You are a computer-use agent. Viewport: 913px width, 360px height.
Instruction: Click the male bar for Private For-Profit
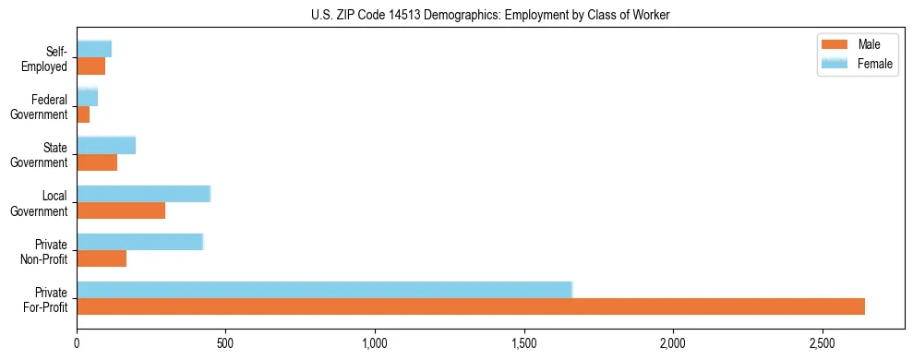471,306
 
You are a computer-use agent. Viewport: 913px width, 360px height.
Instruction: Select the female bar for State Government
106,145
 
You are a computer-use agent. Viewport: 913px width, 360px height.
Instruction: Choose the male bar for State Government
97,162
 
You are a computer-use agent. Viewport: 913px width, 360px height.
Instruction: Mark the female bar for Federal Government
87,97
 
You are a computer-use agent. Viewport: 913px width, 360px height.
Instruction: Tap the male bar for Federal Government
83,114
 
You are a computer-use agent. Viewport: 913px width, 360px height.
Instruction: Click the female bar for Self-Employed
93,49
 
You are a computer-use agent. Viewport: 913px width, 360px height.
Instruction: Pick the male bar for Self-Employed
90,66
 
